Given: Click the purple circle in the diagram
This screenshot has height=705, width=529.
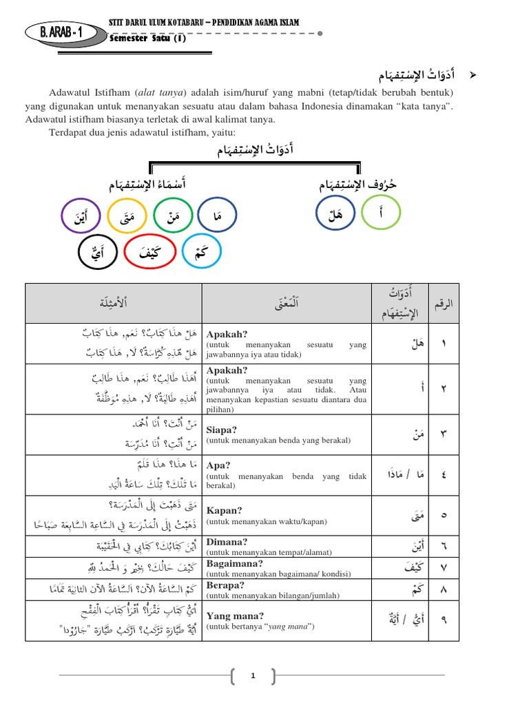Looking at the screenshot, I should (81, 218).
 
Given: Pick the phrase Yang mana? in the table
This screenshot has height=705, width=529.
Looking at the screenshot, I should (231, 615).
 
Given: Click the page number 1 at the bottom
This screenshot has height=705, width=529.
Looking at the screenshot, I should (253, 677).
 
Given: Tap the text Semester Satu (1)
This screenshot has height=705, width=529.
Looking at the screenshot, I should (147, 39).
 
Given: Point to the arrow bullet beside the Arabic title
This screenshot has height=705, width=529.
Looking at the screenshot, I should (473, 74).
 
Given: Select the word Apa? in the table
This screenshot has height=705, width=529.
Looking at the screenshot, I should (219, 465).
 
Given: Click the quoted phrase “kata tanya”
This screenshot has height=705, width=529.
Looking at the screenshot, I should (426, 106).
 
